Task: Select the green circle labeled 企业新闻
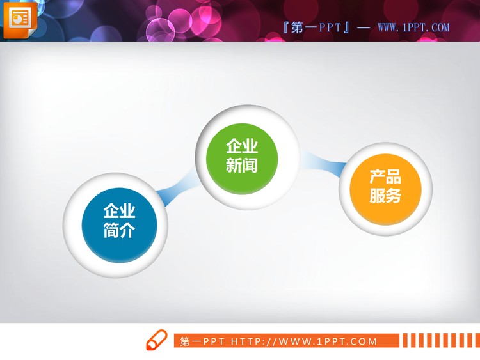pyautogui.click(x=242, y=156)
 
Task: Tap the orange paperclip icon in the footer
pyautogui.click(x=156, y=341)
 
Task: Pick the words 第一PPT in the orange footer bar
pyautogui.click(x=202, y=341)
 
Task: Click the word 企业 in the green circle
pyautogui.click(x=242, y=146)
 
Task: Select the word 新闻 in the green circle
pyautogui.click(x=242, y=166)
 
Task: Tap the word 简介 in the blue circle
pyautogui.click(x=119, y=231)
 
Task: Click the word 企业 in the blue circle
pyautogui.click(x=119, y=211)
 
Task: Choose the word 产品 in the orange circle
pyautogui.click(x=385, y=177)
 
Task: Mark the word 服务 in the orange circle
pyautogui.click(x=385, y=196)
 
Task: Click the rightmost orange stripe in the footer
pyautogui.click(x=474, y=340)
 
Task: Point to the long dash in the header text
pyautogui.click(x=363, y=27)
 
